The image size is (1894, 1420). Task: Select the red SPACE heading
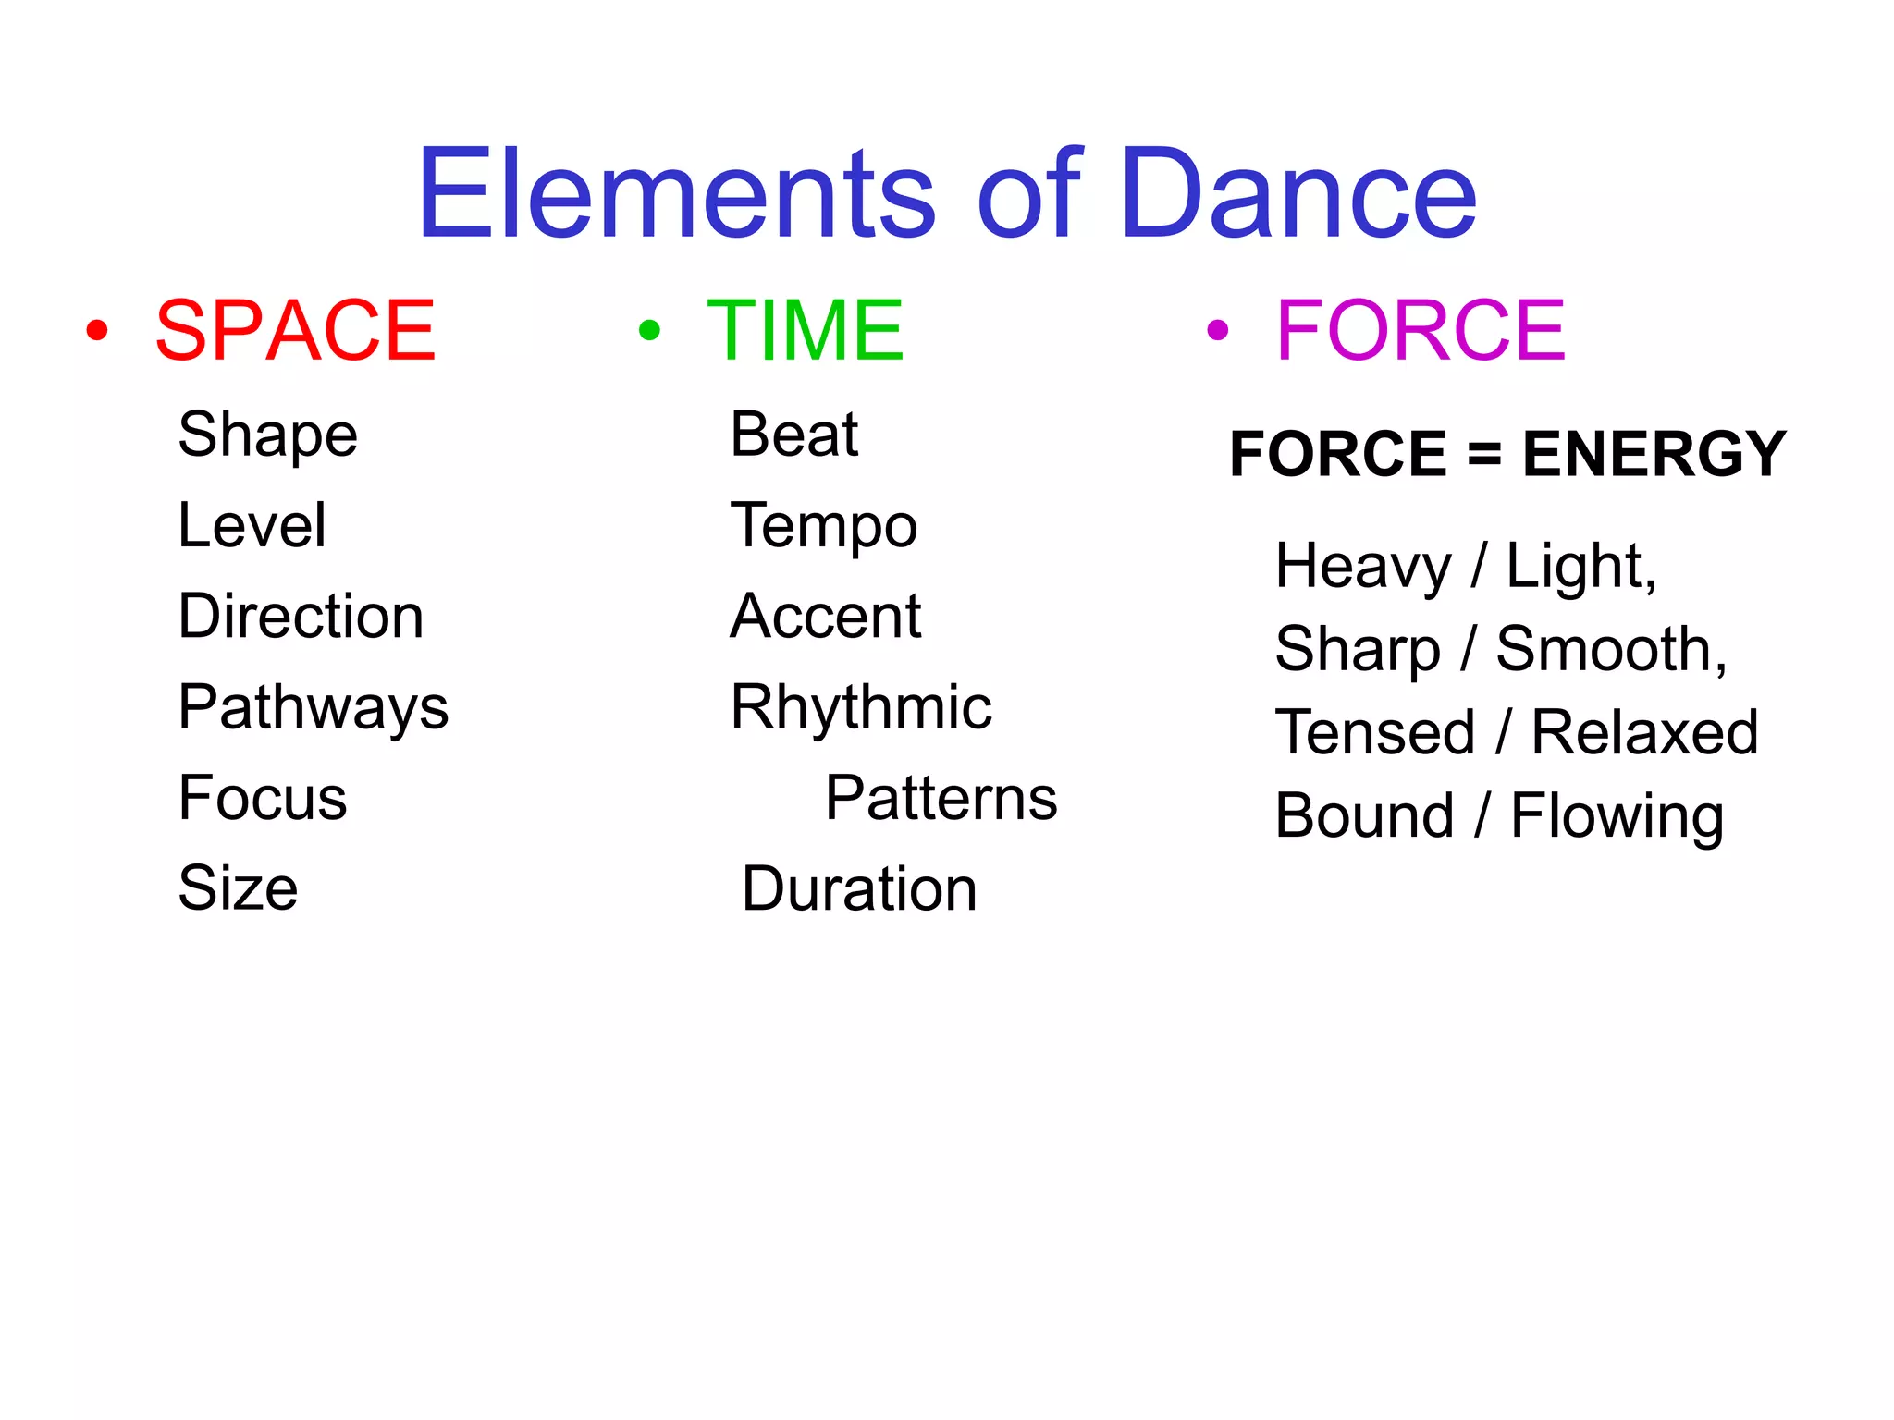(x=295, y=330)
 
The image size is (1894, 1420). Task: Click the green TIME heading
(x=806, y=330)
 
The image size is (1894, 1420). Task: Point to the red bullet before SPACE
(x=97, y=330)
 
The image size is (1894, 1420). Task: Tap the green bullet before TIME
(x=649, y=330)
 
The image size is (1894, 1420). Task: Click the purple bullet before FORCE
(x=1218, y=330)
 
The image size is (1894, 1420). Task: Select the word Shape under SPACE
(x=267, y=435)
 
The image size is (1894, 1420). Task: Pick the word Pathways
(x=313, y=708)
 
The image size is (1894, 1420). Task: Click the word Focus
(x=263, y=798)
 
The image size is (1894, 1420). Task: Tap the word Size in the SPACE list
(x=238, y=888)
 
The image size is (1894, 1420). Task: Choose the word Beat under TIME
(x=793, y=435)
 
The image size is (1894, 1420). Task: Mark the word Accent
(x=825, y=617)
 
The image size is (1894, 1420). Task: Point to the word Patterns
(x=941, y=799)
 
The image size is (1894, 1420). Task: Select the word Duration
(x=859, y=889)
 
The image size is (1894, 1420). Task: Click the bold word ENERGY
(x=1654, y=454)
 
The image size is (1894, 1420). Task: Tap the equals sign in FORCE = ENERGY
(x=1484, y=456)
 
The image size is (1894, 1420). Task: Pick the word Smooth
(x=1609, y=650)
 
